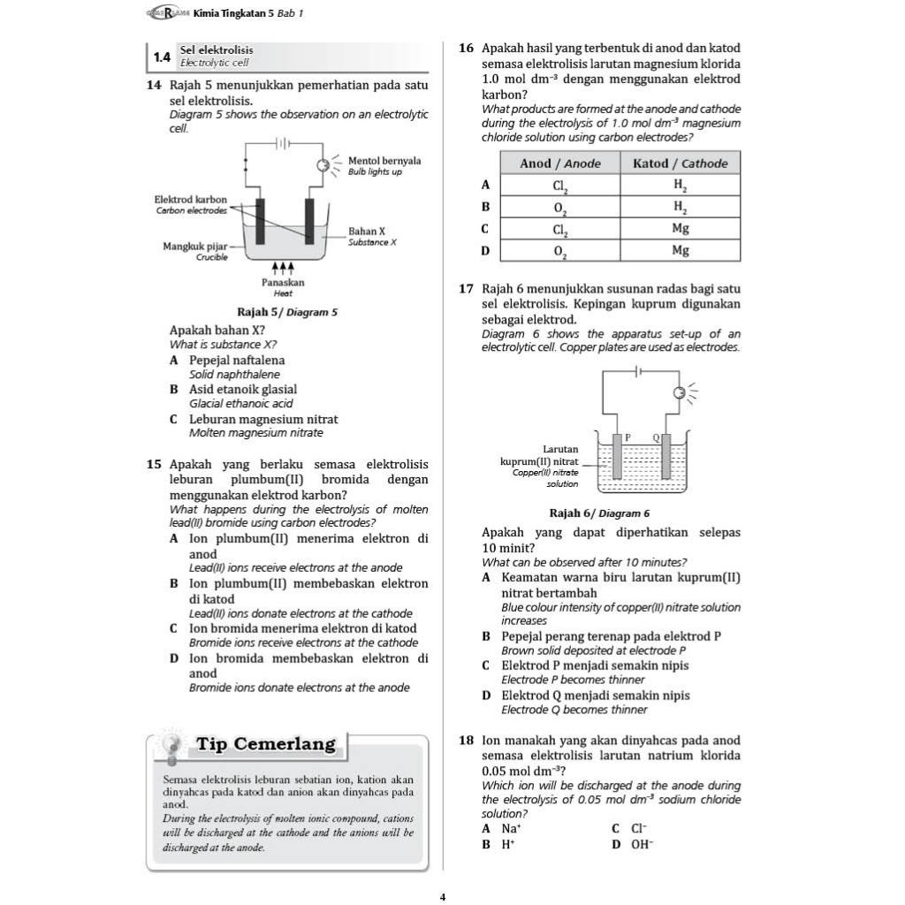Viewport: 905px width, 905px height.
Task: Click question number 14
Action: click(x=154, y=86)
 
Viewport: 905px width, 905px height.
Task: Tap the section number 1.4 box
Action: click(x=162, y=57)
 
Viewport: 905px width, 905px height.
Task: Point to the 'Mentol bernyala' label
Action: click(x=384, y=161)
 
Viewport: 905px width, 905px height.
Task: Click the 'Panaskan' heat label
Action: click(x=283, y=282)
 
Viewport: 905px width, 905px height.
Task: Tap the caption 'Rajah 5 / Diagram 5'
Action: click(x=287, y=312)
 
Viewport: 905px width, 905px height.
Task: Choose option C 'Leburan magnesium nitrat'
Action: click(x=263, y=419)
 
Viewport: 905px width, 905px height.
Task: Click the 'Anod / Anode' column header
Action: click(x=559, y=164)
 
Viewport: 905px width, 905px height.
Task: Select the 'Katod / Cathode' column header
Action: click(x=680, y=164)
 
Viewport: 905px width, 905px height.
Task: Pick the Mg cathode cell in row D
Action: click(x=680, y=251)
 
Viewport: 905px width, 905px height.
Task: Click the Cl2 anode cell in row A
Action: click(x=559, y=186)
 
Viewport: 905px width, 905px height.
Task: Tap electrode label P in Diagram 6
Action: click(x=627, y=437)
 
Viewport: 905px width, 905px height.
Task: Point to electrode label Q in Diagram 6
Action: click(x=656, y=437)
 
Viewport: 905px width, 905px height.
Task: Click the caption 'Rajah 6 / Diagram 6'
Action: click(x=599, y=513)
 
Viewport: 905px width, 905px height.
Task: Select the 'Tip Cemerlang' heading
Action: click(x=266, y=744)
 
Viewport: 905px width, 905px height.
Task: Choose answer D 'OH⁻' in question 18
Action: click(x=642, y=844)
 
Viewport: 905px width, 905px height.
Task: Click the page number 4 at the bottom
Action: click(x=443, y=897)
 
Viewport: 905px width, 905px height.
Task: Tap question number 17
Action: click(x=467, y=289)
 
